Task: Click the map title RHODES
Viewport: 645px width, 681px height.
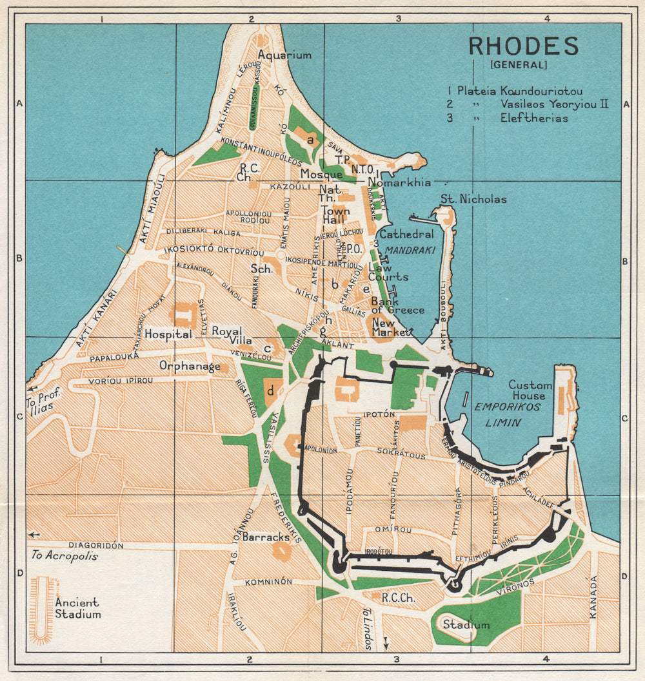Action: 523,46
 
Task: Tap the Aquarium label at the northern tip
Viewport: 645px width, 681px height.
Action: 284,55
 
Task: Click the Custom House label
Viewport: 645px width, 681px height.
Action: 531,390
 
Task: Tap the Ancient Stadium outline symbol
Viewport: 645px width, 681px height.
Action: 43,609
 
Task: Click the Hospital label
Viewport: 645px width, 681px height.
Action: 168,334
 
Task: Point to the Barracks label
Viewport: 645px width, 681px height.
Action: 266,536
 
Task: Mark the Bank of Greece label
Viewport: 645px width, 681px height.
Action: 397,305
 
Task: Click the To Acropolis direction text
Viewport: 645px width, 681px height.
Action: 64,555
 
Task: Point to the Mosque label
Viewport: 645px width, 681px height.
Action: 321,174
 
